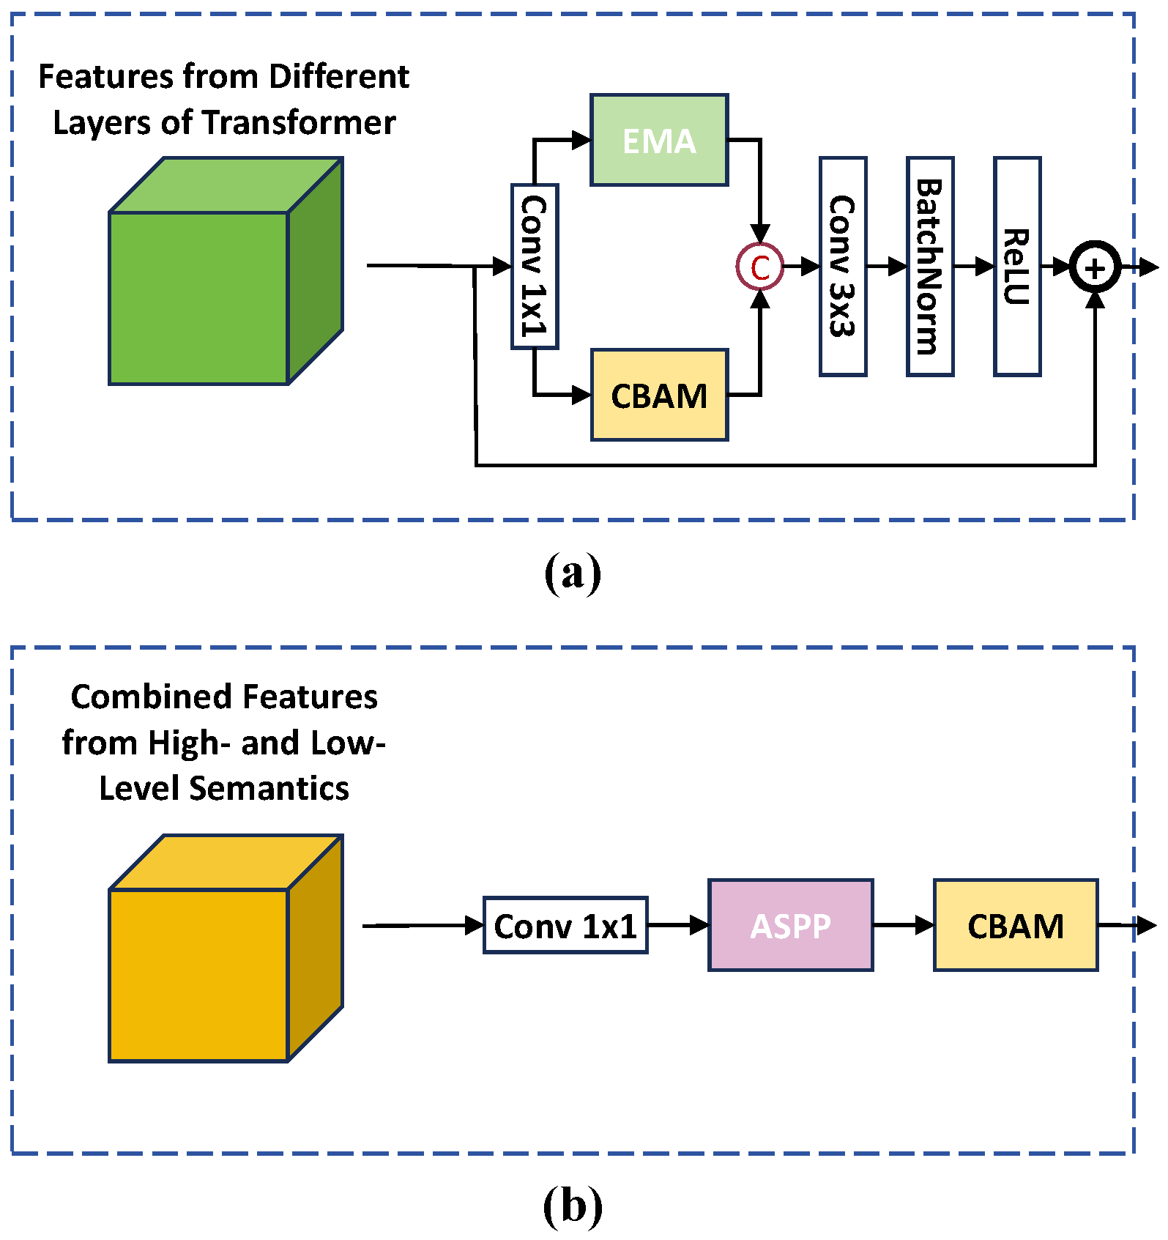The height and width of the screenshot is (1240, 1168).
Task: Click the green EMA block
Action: click(x=659, y=140)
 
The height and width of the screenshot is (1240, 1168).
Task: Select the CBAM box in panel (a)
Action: click(x=659, y=396)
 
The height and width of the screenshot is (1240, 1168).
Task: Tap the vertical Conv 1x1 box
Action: click(x=535, y=267)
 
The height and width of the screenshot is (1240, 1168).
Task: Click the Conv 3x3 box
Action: click(x=843, y=267)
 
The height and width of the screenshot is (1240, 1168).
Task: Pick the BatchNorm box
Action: click(x=930, y=267)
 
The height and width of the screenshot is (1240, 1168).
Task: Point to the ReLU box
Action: click(x=1017, y=267)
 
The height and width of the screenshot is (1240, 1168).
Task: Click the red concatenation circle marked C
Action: click(x=760, y=267)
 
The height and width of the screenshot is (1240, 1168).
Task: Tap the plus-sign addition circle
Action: click(x=1095, y=268)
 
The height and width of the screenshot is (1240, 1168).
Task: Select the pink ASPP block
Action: click(x=791, y=926)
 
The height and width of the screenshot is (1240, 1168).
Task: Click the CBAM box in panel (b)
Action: click(x=1016, y=926)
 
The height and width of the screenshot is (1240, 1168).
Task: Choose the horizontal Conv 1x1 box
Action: click(x=565, y=926)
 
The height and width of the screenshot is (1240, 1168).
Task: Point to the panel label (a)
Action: click(x=573, y=573)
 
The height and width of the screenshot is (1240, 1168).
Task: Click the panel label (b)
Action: click(x=573, y=1206)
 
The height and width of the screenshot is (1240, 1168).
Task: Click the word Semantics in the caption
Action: click(x=269, y=789)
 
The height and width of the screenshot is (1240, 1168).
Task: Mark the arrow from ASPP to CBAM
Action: click(x=904, y=926)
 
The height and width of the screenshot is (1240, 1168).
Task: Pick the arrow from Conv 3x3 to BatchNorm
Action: click(x=887, y=267)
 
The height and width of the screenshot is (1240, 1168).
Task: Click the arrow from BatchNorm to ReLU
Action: click(x=974, y=267)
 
